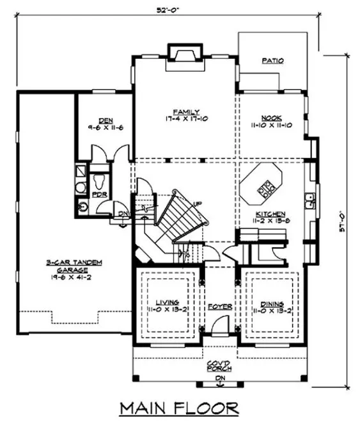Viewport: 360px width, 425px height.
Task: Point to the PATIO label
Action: point(272,61)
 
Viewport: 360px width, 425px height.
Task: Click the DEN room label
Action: point(106,120)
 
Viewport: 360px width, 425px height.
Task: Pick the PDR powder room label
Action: point(99,194)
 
